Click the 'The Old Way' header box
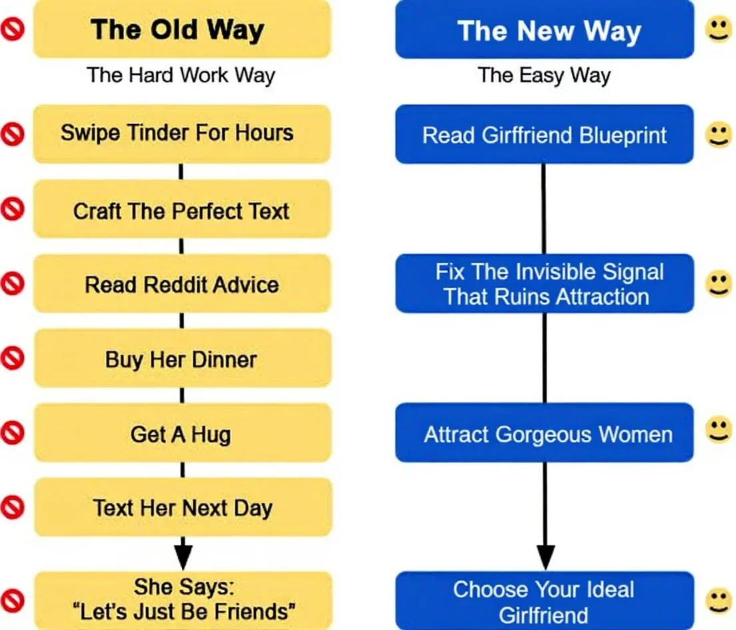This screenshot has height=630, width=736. click(x=181, y=29)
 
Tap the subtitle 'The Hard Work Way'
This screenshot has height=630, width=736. click(x=181, y=75)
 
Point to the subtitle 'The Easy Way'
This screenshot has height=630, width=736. click(x=544, y=75)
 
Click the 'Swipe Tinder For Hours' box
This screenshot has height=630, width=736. click(x=181, y=133)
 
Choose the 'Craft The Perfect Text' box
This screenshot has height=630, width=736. click(x=181, y=210)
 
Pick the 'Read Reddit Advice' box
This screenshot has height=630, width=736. click(x=181, y=285)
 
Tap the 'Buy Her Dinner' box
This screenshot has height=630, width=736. click(x=181, y=360)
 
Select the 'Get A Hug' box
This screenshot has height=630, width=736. click(x=181, y=434)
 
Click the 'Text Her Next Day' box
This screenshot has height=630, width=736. click(x=181, y=508)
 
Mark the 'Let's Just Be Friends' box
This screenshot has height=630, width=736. click(x=181, y=599)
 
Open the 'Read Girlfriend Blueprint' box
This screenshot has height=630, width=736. click(x=544, y=135)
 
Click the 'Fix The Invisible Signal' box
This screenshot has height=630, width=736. click(x=544, y=284)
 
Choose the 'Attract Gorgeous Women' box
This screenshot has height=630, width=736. click(x=544, y=434)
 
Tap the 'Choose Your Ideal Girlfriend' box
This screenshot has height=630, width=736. click(x=544, y=601)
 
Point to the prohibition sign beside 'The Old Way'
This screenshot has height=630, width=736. click(x=12, y=29)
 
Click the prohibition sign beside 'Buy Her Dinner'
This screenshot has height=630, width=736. click(x=12, y=359)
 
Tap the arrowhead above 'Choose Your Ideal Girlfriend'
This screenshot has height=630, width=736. click(x=545, y=556)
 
